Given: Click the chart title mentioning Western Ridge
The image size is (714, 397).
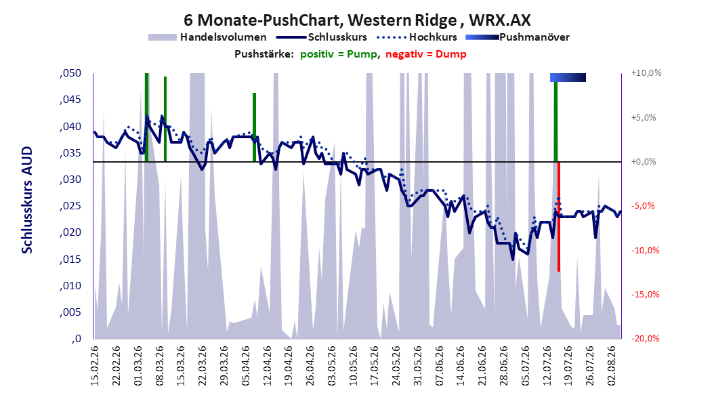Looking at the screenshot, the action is (357, 20).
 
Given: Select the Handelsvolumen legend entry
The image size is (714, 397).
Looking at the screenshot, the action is (208, 37).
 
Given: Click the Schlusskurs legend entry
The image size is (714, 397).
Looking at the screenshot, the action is (322, 37).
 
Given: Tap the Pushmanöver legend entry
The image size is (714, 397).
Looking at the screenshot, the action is (518, 37).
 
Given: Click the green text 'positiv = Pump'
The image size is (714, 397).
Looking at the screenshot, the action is (339, 54).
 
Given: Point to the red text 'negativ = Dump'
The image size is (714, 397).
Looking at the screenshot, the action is (426, 54).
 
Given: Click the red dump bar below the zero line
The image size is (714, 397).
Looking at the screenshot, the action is (559, 217).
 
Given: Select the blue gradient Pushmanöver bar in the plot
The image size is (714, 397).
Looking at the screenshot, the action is (568, 77).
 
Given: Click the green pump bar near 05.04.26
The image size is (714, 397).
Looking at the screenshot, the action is (255, 127).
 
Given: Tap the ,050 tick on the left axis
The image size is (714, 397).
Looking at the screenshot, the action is (70, 73).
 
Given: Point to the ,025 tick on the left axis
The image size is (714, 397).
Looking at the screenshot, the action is (70, 206).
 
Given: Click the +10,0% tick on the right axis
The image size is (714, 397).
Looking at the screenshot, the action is (646, 73).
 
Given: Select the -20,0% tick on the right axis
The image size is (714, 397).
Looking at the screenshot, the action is (645, 338).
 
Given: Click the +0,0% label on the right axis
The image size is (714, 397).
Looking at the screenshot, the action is (644, 162).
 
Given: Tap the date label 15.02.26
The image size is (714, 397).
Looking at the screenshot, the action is (95, 366).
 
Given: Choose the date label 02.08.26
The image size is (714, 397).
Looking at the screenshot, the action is (612, 366).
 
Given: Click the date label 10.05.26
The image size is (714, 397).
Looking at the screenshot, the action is (353, 366).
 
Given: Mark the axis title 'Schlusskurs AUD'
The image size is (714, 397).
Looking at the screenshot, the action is (27, 200).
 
